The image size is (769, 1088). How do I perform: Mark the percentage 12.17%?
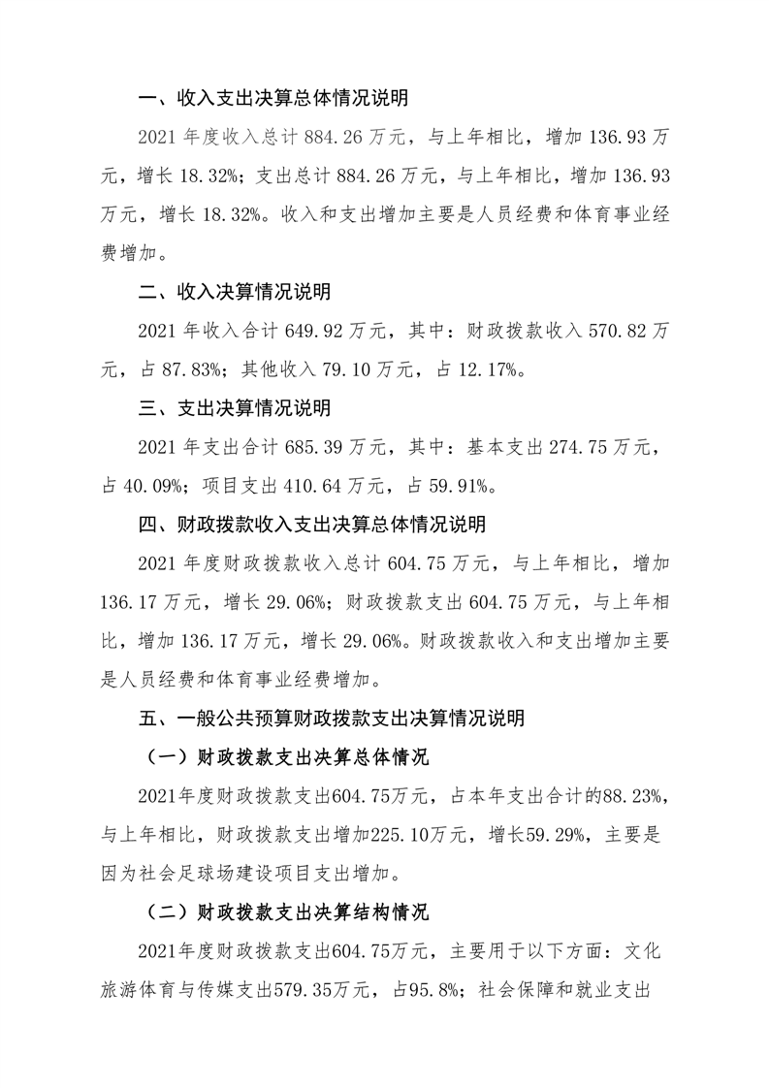pyautogui.click(x=526, y=369)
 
